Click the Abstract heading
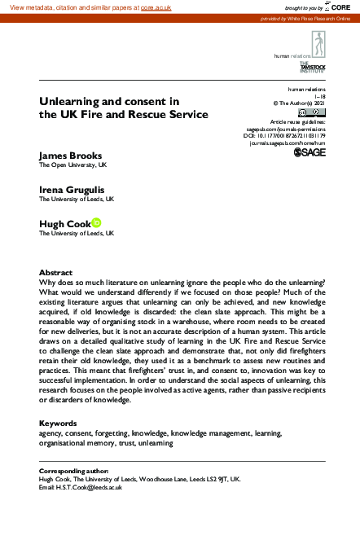(x=55, y=272)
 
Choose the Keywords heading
(x=59, y=424)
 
